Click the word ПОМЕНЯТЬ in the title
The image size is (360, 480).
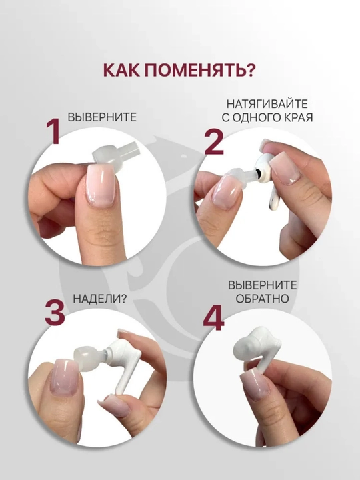pos(199,71)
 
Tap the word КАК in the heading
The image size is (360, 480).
pos(121,71)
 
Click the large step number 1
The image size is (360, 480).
pos(53,131)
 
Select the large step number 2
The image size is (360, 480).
pos(214,143)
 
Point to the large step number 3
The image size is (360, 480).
pos(55,313)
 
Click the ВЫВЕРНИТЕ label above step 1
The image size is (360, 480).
pos(102,117)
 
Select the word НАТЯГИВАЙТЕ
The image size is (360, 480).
pos(267,104)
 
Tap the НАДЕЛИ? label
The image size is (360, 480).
pos(99,299)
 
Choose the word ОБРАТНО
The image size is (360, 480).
pos(263,299)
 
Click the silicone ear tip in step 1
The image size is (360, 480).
pos(113,154)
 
